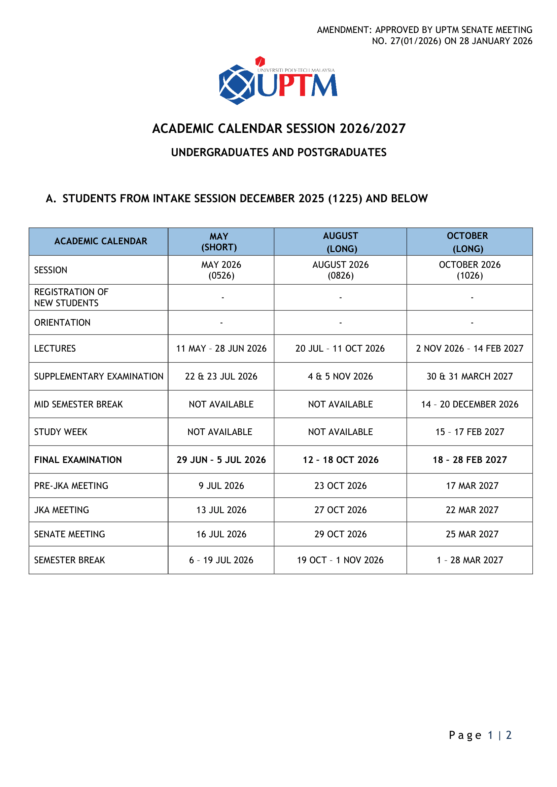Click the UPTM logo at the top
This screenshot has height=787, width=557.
(278, 81)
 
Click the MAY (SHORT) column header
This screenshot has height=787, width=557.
(219, 242)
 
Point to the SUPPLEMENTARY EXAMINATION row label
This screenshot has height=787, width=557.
(99, 377)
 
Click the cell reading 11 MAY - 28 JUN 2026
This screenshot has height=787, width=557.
(221, 348)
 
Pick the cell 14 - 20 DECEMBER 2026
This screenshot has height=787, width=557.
(469, 404)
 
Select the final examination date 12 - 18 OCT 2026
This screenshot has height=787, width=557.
(341, 460)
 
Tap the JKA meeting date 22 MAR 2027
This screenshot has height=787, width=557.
(472, 510)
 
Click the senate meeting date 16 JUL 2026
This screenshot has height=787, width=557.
(221, 534)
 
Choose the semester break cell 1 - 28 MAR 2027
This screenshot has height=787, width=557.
(469, 560)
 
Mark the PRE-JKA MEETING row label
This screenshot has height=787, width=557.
(71, 486)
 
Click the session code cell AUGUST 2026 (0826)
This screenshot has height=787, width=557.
(341, 270)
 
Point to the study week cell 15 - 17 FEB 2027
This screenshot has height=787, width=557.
(469, 432)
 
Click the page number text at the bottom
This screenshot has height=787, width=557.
(480, 735)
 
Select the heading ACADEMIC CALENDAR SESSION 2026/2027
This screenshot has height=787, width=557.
(279, 129)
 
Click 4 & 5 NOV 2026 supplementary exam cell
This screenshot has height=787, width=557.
(340, 377)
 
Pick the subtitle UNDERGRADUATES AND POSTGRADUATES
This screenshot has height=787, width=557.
(279, 152)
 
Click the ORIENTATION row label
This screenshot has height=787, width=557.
(62, 323)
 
